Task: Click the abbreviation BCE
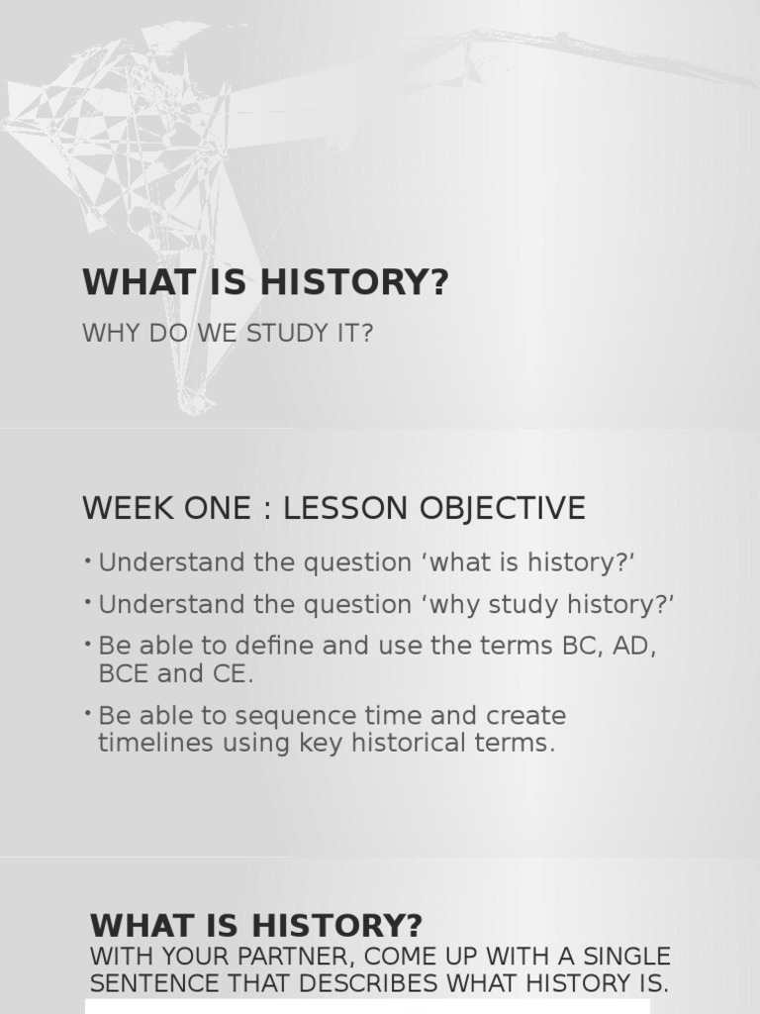point(121,674)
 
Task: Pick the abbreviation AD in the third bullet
point(634,646)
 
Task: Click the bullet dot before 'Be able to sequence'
point(88,712)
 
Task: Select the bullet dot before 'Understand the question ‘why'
point(88,601)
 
